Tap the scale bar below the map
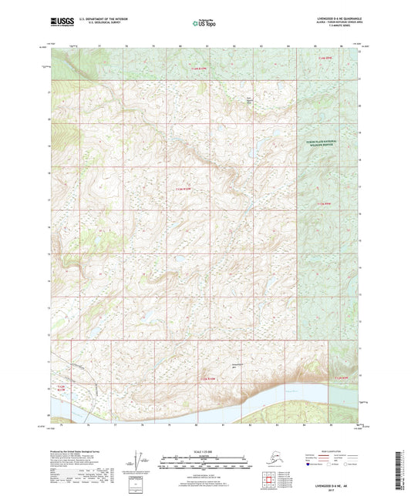[x=205, y=463]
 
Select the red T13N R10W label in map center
[x=182, y=188]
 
